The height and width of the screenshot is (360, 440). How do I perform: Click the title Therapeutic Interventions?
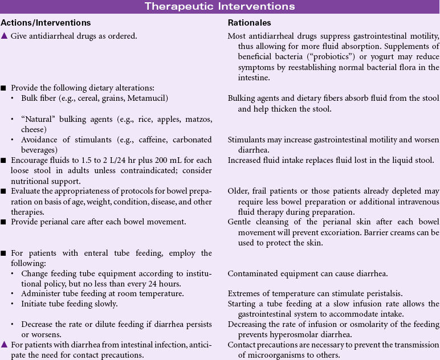click(x=219, y=7)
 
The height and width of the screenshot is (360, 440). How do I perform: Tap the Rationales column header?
click(x=249, y=23)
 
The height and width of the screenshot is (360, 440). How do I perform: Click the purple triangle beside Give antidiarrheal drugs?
click(x=4, y=36)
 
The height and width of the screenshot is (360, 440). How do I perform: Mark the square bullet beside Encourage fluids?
click(x=3, y=160)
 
